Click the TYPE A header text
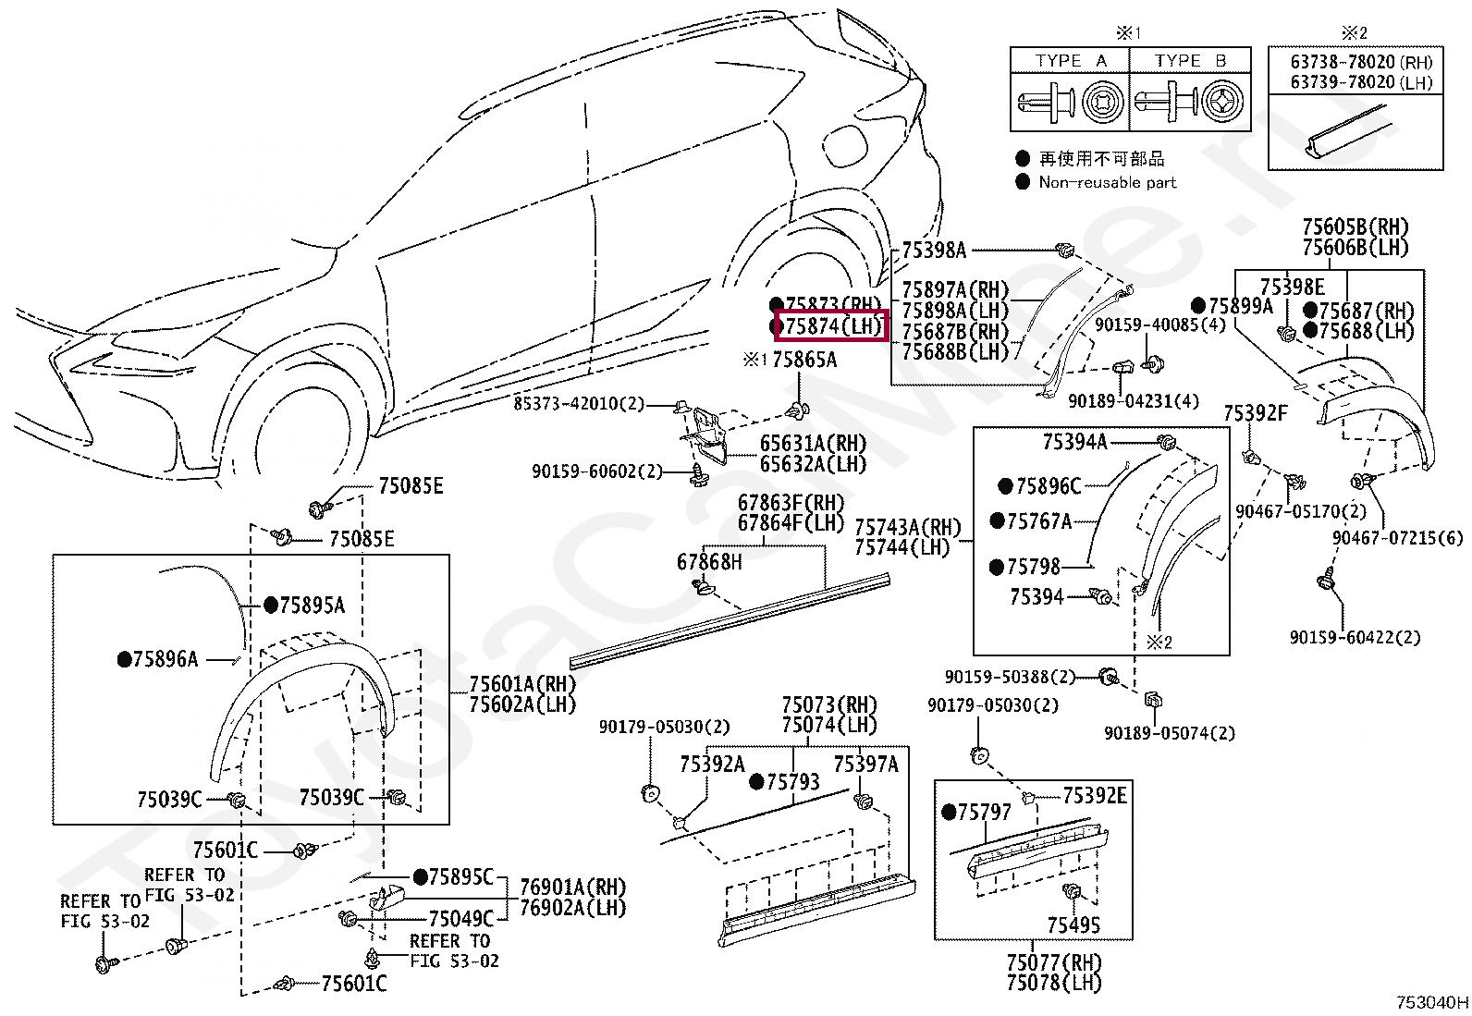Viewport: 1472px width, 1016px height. coord(1071,61)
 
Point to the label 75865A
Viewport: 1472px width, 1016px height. coord(803,360)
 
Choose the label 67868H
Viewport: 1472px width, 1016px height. coord(709,561)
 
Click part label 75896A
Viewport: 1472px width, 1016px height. coord(165,659)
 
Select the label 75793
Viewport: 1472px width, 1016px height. coord(792,782)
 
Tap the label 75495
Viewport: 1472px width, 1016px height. coord(1073,924)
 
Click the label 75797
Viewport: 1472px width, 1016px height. coord(984,812)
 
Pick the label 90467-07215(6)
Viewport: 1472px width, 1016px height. coord(1397,538)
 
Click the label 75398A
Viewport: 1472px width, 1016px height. coord(933,249)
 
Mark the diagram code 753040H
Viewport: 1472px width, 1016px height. coord(1431,1002)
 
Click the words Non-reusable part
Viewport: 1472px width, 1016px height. coord(1107,182)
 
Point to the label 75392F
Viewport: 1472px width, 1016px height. coord(1255,412)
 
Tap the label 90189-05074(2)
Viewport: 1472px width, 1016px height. coord(1169,733)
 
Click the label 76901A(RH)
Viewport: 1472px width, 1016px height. coord(572,886)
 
